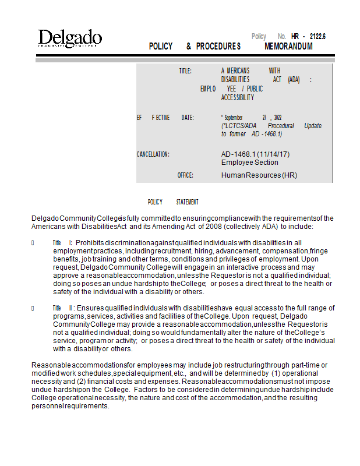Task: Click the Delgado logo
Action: click(x=70, y=39)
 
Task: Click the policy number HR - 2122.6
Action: click(x=308, y=36)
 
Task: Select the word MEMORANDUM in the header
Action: click(x=288, y=47)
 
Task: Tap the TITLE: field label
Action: click(x=185, y=71)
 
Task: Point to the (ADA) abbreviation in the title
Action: click(x=294, y=80)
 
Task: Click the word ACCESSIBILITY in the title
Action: click(x=238, y=98)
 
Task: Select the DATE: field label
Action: click(x=188, y=118)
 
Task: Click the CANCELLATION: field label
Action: click(x=153, y=154)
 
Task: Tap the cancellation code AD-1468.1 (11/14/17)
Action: click(x=255, y=154)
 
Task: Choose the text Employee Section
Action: click(x=249, y=163)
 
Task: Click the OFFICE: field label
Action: click(x=185, y=175)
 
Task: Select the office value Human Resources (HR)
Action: click(x=259, y=175)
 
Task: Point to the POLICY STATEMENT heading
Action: click(x=173, y=202)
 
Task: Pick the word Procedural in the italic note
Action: click(x=281, y=126)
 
